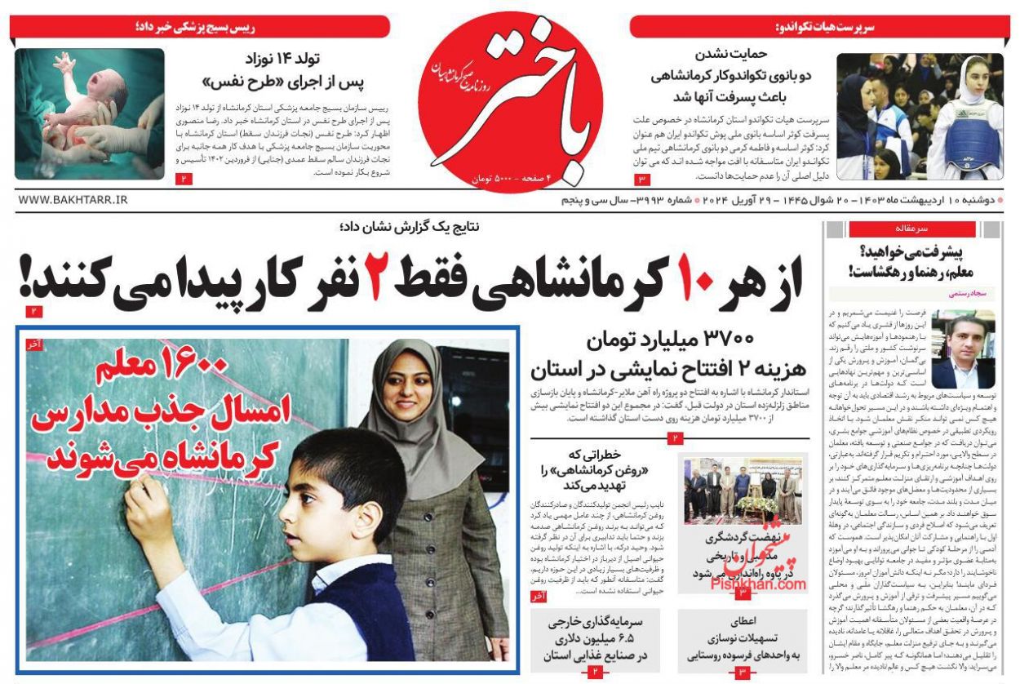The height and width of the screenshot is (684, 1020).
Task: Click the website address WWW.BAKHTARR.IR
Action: pyautogui.click(x=73, y=200)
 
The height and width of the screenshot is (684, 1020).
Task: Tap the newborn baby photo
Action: pyautogui.click(x=89, y=113)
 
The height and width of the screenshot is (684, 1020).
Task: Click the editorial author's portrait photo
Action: pyautogui.click(x=963, y=349)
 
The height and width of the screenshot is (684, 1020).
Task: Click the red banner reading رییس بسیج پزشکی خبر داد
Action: pyautogui.click(x=200, y=26)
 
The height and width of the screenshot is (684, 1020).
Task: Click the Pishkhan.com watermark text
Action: pyautogui.click(x=756, y=584)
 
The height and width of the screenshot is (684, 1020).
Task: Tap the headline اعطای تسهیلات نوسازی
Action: pyautogui.click(x=743, y=637)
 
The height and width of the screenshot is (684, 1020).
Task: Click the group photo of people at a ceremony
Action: pyautogui.click(x=743, y=490)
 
